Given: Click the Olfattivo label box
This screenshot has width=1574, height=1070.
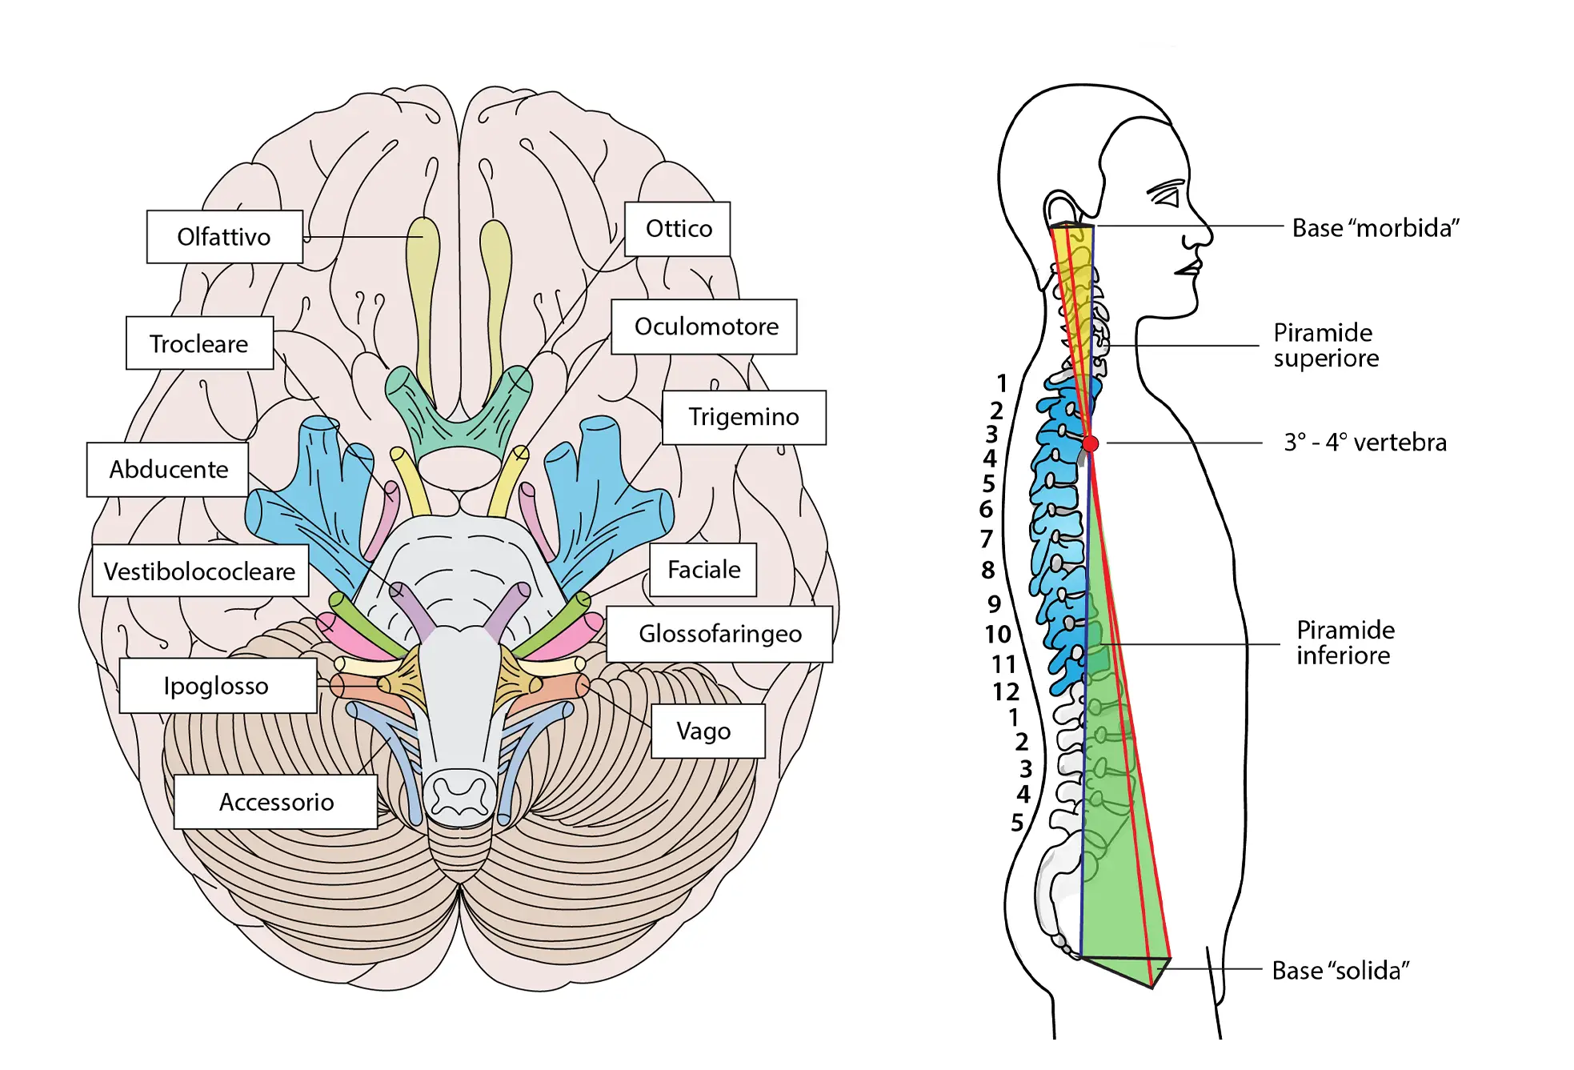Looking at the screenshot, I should [224, 237].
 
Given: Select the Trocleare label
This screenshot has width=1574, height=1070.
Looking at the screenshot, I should [199, 343].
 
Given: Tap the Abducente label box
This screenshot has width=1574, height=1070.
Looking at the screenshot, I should [168, 469].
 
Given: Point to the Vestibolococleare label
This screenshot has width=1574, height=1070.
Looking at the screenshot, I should [200, 571].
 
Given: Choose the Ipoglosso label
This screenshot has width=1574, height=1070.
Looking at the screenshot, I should [217, 686].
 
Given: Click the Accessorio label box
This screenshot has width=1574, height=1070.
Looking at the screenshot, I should [276, 802].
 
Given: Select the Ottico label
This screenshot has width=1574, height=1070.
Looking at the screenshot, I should [678, 229].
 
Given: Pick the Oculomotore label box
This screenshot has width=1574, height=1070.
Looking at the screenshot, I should [705, 327].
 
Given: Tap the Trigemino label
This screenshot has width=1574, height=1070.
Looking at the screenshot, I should [743, 417].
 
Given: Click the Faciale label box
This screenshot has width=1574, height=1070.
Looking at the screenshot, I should [703, 570].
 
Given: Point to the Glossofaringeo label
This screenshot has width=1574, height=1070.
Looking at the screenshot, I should [719, 634].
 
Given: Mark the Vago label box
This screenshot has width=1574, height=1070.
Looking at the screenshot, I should [703, 731].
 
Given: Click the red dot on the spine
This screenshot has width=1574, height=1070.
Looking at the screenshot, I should [1090, 443].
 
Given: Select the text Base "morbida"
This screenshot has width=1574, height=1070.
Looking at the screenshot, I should [1375, 228].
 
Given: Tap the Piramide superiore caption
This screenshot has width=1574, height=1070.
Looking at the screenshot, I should [1325, 345].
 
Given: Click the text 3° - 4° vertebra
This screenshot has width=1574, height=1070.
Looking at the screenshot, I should [1365, 443].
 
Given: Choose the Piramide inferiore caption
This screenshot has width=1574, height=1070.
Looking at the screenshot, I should [1344, 643].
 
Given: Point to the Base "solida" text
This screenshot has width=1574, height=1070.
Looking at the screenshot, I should [1340, 971].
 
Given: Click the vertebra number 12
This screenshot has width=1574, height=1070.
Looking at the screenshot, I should [1006, 691].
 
